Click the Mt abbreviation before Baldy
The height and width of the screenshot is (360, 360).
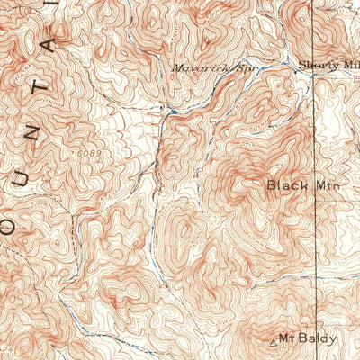[x=288, y=339]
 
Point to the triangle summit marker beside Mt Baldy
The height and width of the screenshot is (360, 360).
[x=274, y=342]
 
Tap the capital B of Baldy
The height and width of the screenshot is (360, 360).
[x=304, y=339]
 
